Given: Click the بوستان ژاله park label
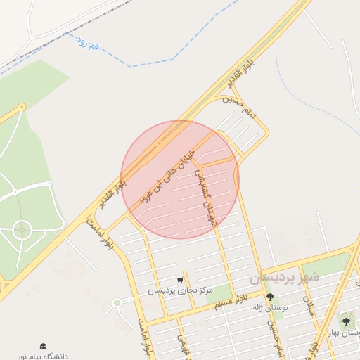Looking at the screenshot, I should (x=271, y=307).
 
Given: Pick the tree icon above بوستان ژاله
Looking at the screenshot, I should (x=271, y=297).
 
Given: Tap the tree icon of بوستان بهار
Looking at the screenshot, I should (x=345, y=321).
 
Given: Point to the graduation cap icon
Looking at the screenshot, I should (x=43, y=346).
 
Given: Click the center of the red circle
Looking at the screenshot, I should (x=180, y=179).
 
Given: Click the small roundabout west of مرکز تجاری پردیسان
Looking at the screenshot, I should (x=117, y=302).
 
